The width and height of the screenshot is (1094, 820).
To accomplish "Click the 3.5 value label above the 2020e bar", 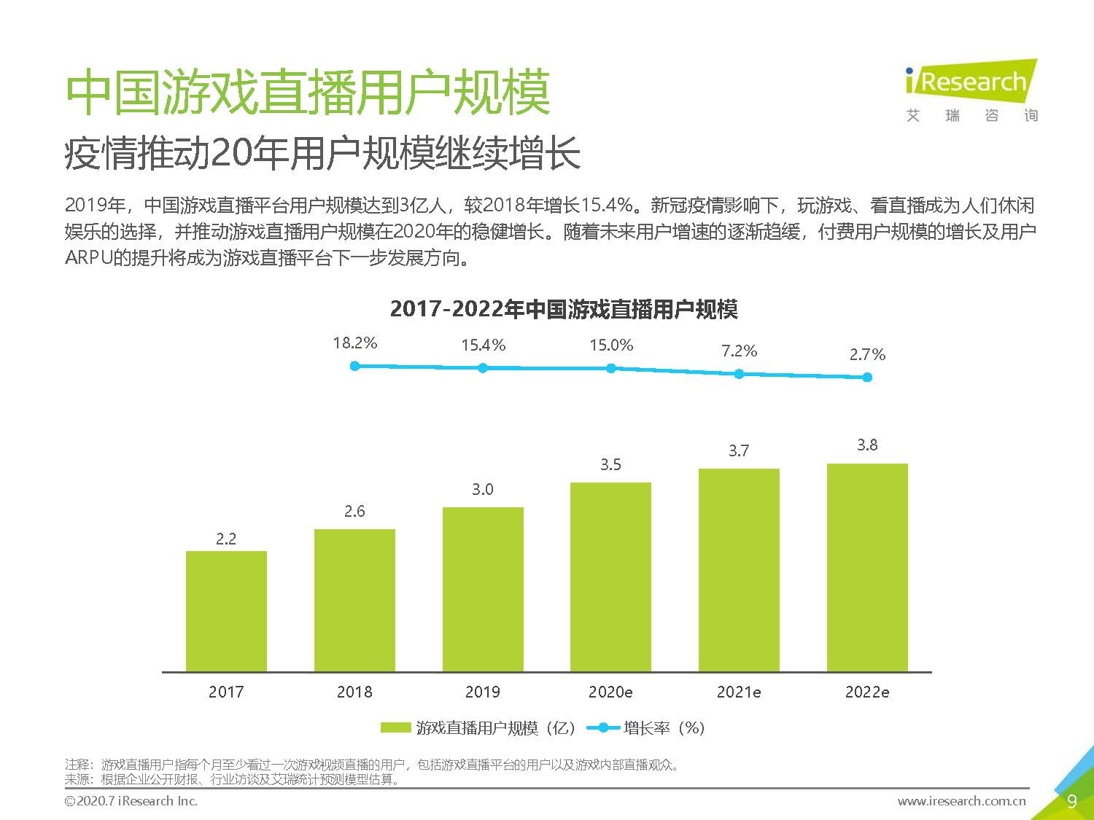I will pos(610,465).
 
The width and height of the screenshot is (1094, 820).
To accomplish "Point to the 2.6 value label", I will pos(354,512).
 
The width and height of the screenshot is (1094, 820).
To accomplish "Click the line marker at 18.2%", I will pos(355,366).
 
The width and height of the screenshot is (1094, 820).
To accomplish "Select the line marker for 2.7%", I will pos(867,377).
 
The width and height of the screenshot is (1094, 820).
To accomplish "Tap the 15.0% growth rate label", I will pos(611,345).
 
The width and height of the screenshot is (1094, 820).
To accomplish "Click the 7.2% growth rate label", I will pos(739,351).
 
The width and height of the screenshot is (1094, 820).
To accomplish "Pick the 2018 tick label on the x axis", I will pos(354,692).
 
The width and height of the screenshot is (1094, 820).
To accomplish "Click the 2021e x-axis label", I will pos(739,692).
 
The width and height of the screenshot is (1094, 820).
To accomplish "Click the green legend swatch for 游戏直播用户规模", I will pos(396,727).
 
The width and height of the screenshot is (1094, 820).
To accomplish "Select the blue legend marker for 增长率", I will pos(603,727).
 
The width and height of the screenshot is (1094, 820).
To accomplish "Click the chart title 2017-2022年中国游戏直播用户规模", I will pos(564,309).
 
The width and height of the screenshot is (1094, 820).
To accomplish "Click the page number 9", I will pos(1071,802).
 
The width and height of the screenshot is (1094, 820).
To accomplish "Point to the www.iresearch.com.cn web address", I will pos(961,801).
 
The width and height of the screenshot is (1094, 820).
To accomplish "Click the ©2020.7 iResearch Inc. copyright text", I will pos(131,801).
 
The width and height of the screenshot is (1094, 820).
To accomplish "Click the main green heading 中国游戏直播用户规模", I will pos(308,93).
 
